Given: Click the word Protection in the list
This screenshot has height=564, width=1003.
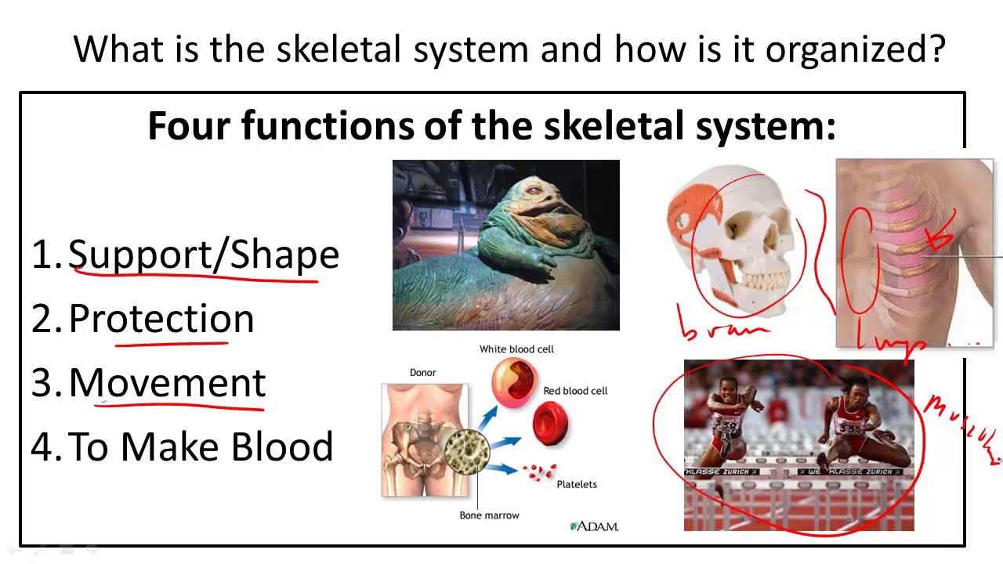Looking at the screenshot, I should coord(161,320).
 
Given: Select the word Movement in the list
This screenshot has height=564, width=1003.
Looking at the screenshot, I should coord(168,383).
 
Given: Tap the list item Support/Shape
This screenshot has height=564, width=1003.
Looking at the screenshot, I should coord(204,255).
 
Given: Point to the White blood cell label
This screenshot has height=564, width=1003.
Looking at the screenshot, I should coord(516,349).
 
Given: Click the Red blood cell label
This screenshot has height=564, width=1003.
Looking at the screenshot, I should coord(575,391).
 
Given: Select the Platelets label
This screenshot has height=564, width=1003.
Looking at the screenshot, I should coord(577,485).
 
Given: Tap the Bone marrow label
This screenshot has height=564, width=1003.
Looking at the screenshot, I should coord(489,515).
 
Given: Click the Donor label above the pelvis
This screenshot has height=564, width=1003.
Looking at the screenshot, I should coord(422,373).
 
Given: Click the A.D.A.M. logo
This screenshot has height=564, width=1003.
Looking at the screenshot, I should coord(594,526).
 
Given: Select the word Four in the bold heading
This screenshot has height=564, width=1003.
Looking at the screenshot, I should coord(190,126).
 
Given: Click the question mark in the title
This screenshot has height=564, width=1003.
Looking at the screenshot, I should coord(937,49).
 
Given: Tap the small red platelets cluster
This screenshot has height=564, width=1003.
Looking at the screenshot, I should coord(539,472).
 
